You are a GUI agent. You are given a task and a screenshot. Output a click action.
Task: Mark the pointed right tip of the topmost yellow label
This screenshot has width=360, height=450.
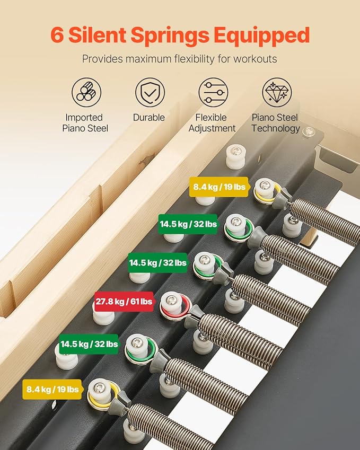tap(250, 187)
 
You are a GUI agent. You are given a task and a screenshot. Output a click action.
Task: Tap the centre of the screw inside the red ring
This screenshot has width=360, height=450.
tap(171, 301)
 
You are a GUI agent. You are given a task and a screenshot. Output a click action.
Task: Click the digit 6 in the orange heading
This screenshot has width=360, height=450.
tap(57, 35)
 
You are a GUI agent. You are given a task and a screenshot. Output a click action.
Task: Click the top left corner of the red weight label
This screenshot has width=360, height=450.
tap(95, 292)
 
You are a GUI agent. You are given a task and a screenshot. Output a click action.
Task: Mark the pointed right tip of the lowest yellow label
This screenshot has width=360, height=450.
tap(84, 390)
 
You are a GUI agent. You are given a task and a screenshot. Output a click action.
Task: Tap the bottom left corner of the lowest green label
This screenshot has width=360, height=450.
tap(59, 354)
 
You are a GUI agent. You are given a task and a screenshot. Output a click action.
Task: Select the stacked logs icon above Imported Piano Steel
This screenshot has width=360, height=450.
tap(86, 92)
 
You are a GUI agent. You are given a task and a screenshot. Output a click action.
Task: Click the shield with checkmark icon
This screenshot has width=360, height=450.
tap(150, 92)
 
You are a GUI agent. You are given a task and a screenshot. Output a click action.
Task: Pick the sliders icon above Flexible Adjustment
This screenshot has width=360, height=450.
tap(213, 92)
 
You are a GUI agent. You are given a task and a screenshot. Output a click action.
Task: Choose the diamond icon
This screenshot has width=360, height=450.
tap(277, 92)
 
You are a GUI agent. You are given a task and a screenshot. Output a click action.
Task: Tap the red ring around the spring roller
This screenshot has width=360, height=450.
tap(175, 307)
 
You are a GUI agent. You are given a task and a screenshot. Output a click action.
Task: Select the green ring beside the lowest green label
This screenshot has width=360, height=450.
tap(141, 349)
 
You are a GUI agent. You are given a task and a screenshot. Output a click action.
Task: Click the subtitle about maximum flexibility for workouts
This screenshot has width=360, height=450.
tap(179, 59)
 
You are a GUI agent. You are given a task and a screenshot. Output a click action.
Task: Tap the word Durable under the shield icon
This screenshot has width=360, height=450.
tap(148, 117)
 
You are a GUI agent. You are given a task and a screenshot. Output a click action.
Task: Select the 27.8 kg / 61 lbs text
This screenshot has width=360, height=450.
tap(124, 302)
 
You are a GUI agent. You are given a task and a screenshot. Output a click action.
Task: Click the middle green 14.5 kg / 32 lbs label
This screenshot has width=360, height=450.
tap(157, 262)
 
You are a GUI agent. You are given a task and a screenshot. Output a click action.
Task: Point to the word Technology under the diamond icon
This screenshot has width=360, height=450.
tap(276, 128)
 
